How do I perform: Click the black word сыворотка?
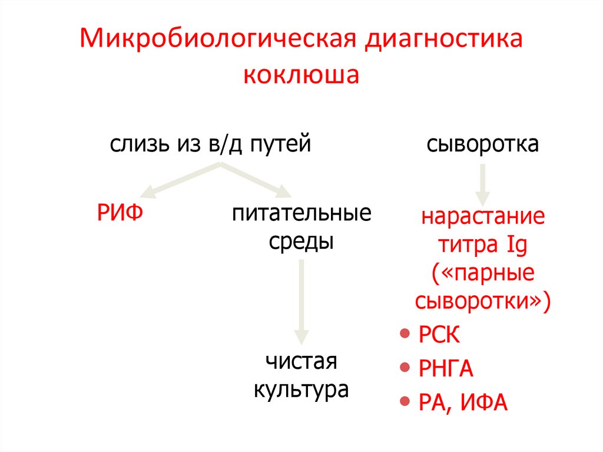482,144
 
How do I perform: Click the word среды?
301,242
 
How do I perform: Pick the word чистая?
301,361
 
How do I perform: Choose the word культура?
301,390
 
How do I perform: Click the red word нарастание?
483,216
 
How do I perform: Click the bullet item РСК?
438,336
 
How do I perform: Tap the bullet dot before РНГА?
405,368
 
